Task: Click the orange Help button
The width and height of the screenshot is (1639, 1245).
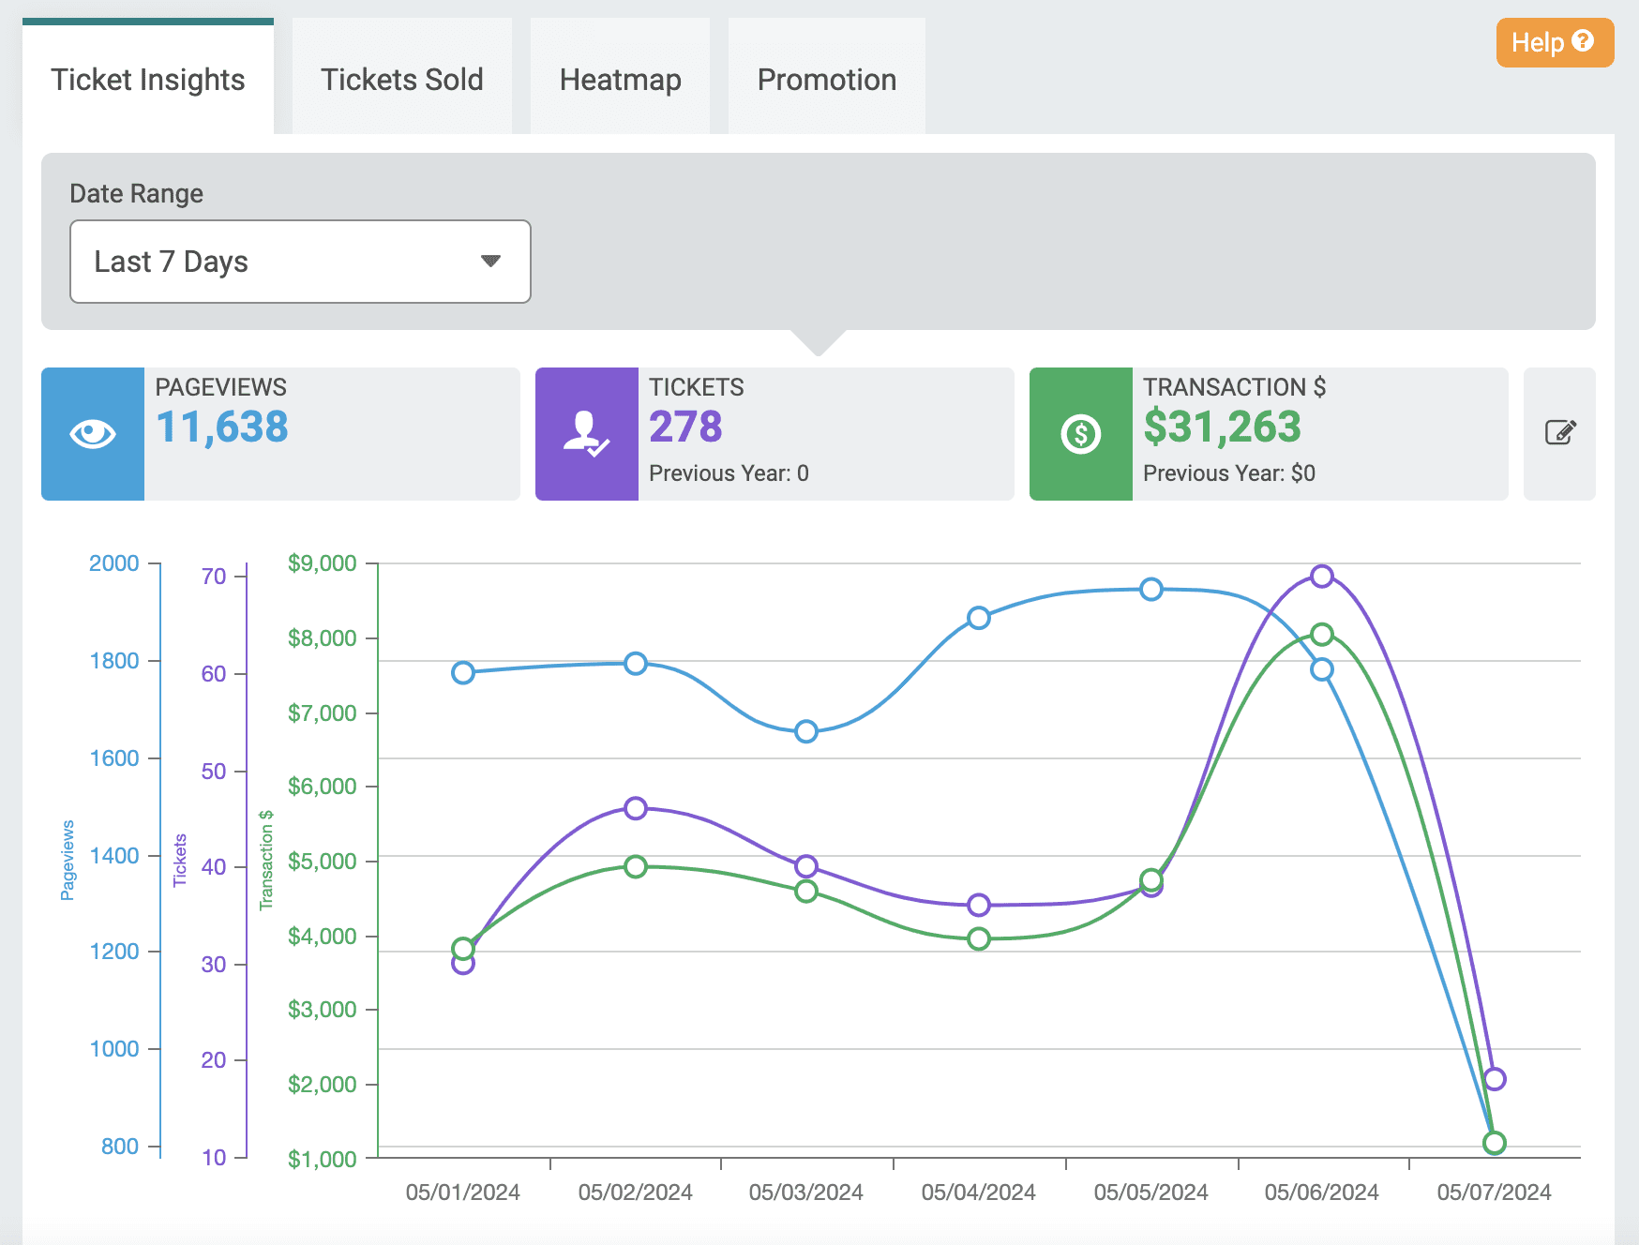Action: coord(1554,42)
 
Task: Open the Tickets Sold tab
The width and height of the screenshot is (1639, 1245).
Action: coord(401,80)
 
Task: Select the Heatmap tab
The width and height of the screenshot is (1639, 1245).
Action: coord(620,80)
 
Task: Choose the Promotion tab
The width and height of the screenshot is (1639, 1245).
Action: coord(826,80)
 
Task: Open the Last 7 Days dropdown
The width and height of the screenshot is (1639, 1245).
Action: coord(300,262)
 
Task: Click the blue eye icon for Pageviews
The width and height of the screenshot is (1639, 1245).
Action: coord(93,434)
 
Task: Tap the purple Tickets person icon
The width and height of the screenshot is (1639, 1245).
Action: coord(586,434)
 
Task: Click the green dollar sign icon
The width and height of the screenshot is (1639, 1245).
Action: coord(1080,434)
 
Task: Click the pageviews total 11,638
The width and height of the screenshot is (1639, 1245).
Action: coord(222,427)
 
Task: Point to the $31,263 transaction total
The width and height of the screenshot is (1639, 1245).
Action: coord(1222,427)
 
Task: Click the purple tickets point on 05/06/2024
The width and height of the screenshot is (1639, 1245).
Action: coord(1321,576)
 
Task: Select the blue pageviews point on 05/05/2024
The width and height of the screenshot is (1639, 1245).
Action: coord(1150,590)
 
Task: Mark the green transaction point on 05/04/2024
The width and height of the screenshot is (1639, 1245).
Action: coord(978,938)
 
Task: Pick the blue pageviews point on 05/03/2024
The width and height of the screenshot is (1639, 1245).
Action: coord(806,731)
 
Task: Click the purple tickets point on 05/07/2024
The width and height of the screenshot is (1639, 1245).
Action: coord(1494,1079)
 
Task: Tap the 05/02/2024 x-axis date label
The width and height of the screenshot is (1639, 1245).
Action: coord(635,1192)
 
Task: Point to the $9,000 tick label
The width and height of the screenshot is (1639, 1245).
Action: coord(322,563)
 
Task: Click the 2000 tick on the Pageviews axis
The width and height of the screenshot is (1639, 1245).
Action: coord(113,563)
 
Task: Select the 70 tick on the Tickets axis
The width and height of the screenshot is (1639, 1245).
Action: coord(214,577)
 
